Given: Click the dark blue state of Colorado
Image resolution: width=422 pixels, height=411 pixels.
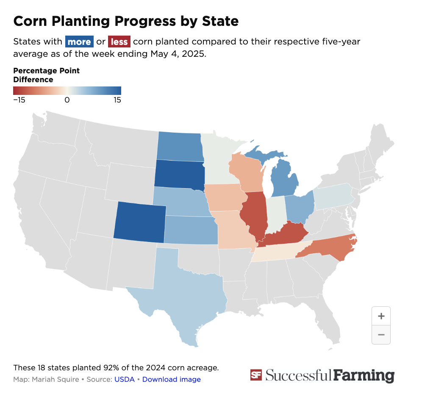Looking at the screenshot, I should coord(140,222).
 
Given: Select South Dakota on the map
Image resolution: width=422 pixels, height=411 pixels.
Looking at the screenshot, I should coord(179,174).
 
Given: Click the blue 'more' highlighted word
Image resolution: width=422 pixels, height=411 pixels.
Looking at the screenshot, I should coord(79,42).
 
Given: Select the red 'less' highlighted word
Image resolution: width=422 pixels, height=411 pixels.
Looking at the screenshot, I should coord(119,42).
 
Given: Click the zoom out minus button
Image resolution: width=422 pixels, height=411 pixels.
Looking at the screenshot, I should coord(381,335).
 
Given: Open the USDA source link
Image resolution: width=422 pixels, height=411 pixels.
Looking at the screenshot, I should coord(124,379).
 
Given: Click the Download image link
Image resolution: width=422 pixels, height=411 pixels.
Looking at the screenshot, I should coord(171,379).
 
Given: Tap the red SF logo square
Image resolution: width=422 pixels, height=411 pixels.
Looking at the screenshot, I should coord(255,375).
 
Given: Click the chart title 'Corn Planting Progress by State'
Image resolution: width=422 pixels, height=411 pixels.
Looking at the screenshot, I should coord(126,21).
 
